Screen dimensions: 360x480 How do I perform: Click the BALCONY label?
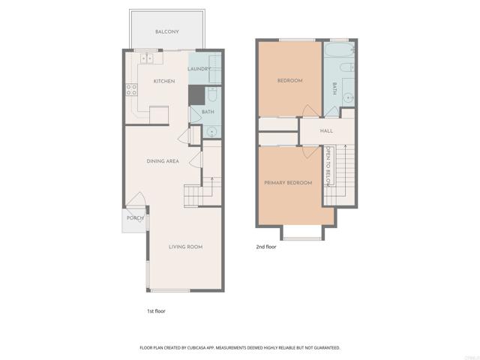click(x=166, y=31)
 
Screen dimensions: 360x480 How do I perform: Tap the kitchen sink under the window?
click(x=148, y=58)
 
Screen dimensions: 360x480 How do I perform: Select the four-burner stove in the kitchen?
click(x=131, y=91)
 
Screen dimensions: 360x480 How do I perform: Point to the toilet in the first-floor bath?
click(x=212, y=95)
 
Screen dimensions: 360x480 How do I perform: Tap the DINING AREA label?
click(x=162, y=161)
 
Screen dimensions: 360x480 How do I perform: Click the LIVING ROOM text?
click(x=185, y=247)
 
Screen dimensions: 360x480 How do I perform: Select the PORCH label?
click(x=135, y=218)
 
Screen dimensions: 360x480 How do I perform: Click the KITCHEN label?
click(x=164, y=81)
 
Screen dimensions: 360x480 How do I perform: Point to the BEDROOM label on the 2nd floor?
click(x=289, y=80)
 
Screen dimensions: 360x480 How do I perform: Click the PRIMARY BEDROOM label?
click(x=288, y=183)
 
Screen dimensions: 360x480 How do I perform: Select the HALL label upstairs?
click(x=326, y=131)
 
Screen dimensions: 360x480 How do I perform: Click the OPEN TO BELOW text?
click(x=328, y=166)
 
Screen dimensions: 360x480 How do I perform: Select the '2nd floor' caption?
click(x=266, y=246)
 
